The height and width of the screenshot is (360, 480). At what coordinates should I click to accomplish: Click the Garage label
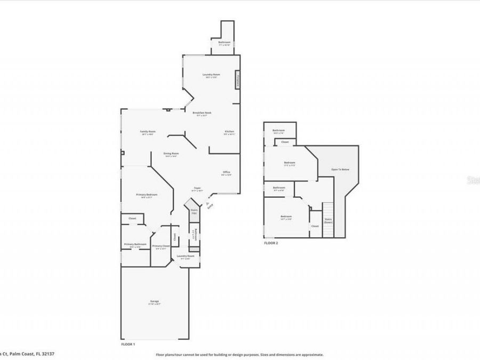(155, 301)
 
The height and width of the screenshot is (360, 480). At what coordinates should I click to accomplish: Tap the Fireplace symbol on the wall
(238, 81)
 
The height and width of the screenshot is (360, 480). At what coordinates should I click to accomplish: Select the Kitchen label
(229, 131)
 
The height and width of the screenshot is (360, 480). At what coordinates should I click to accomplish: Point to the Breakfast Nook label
(203, 113)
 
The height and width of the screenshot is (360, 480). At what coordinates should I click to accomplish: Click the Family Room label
(148, 131)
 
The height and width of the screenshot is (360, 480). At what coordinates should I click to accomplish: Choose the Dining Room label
(171, 154)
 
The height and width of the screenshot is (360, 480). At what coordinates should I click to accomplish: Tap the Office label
(226, 172)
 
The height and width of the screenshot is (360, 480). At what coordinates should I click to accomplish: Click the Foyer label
(197, 188)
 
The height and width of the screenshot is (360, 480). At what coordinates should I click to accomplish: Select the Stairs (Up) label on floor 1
(194, 212)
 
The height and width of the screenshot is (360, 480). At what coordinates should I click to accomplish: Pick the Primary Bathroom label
(135, 244)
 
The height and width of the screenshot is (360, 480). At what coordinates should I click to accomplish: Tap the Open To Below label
(340, 170)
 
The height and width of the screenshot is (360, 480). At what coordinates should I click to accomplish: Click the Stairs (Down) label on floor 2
(328, 221)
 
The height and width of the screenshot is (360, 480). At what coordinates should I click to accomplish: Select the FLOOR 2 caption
(271, 243)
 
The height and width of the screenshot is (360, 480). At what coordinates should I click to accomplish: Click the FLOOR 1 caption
(128, 345)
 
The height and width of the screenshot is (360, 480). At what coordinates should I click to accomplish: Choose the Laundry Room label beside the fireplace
(211, 75)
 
